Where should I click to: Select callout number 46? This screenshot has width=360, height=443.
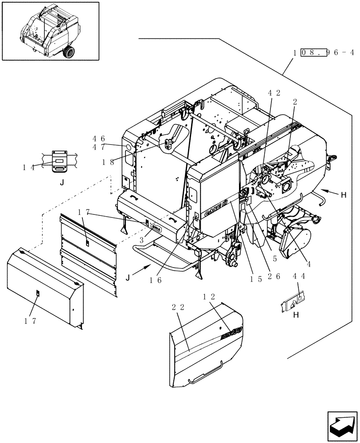click(x=98, y=138)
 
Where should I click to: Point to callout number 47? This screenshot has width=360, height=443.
click(x=98, y=147)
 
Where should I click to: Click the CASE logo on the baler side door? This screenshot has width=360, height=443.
click(x=215, y=210)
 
